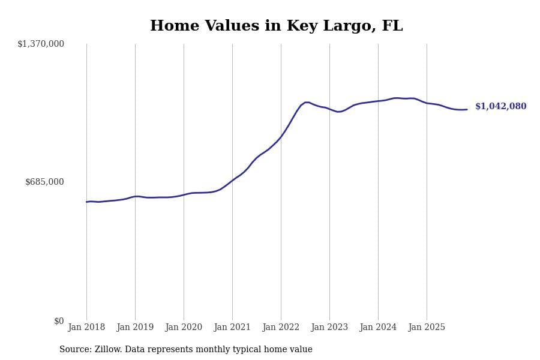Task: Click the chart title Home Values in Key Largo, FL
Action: (x=276, y=26)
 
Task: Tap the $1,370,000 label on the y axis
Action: (x=41, y=44)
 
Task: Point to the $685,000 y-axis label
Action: (x=44, y=182)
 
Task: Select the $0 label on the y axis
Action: (x=59, y=321)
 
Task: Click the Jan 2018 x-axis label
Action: (x=86, y=327)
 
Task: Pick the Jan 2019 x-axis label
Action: (x=135, y=327)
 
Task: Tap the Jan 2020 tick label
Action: (x=184, y=327)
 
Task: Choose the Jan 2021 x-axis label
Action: (x=232, y=327)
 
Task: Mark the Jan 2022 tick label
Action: (x=281, y=327)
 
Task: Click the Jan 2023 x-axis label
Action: (x=329, y=327)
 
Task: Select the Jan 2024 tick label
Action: (x=378, y=327)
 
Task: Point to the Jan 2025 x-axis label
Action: (x=427, y=327)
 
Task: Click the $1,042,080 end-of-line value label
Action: (x=500, y=107)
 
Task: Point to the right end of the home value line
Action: (x=467, y=109)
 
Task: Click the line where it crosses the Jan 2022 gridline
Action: (x=281, y=137)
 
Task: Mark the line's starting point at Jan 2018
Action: (x=86, y=202)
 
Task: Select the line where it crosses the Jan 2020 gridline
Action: (x=184, y=194)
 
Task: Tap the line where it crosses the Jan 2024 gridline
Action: (x=378, y=101)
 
